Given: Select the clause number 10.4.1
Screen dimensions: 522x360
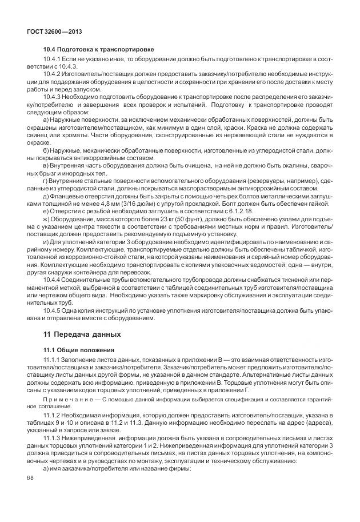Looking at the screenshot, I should (53, 60).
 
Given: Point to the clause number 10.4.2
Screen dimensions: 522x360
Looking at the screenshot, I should (53, 75).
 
